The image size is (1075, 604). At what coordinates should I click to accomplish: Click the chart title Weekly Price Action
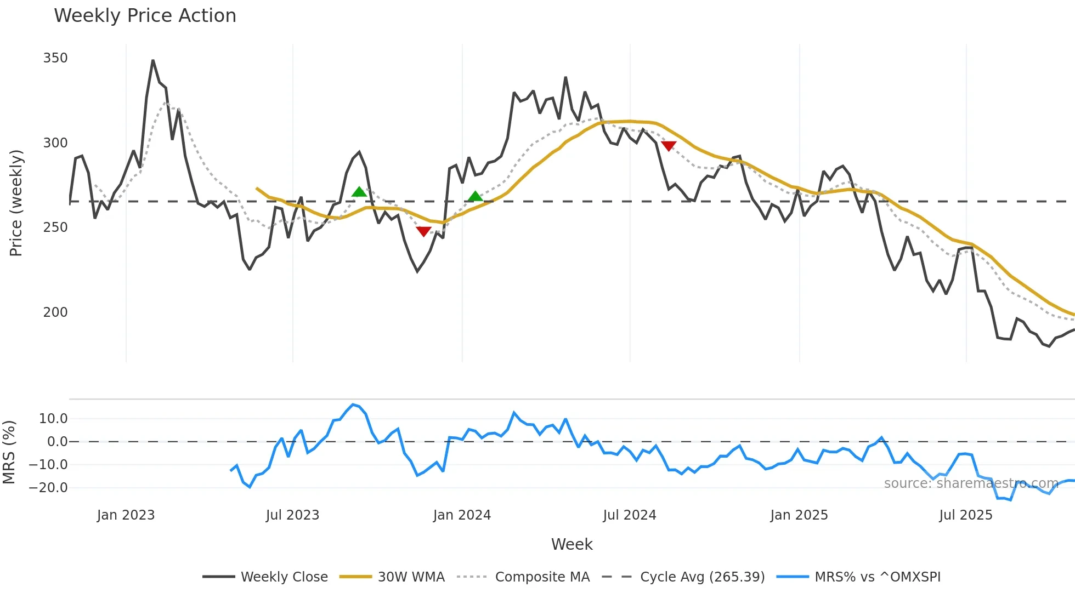click(x=145, y=16)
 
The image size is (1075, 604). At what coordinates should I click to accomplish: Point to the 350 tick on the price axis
click(x=55, y=58)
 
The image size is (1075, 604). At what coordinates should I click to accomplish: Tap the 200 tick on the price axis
click(x=55, y=312)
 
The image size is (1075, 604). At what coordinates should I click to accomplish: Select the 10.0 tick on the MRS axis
click(x=53, y=419)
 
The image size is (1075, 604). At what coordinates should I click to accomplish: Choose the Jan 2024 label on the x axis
click(x=462, y=515)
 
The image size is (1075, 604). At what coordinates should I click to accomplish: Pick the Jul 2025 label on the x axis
click(x=965, y=515)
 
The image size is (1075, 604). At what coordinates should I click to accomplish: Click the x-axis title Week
click(x=572, y=544)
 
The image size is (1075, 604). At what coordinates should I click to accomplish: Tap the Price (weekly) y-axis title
click(x=16, y=203)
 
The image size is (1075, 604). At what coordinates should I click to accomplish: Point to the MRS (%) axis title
click(x=9, y=452)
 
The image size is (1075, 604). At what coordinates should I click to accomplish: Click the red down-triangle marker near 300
click(x=669, y=146)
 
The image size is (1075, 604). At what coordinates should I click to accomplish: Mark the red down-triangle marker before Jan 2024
click(x=423, y=231)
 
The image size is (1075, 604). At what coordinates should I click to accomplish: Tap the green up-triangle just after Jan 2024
click(x=475, y=196)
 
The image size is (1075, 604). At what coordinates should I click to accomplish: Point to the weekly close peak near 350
click(x=153, y=60)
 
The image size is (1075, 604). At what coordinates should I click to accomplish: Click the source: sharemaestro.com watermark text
click(x=971, y=483)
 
